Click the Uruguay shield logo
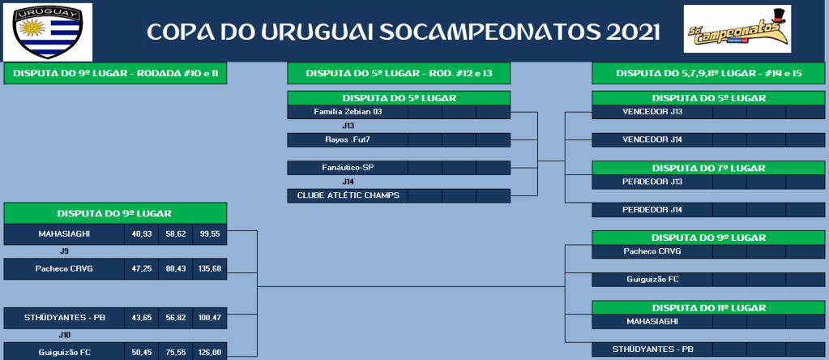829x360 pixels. tap(48, 32)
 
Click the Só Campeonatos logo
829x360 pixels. tap(737, 29)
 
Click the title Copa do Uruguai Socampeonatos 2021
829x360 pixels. tap(404, 32)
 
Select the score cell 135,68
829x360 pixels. tap(209, 268)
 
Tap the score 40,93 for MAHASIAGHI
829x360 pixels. tap(141, 234)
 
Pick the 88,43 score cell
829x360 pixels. tap(176, 268)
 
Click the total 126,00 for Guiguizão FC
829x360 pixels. tap(209, 352)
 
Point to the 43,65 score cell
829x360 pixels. tap(141, 318)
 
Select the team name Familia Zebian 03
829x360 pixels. tap(348, 112)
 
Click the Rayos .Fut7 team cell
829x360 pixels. tap(348, 140)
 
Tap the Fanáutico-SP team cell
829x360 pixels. tap(348, 168)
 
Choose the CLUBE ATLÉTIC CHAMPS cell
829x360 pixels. tap(348, 195)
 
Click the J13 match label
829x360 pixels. tap(348, 126)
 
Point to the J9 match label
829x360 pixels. tap(65, 251)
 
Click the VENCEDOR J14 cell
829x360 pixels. tap(652, 140)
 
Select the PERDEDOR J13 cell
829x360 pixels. tap(652, 182)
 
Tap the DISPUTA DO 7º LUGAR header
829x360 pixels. tap(708, 168)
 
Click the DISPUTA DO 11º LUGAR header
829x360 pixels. tap(708, 307)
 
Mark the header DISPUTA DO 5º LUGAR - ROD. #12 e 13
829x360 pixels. tap(399, 74)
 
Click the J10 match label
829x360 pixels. tap(65, 335)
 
